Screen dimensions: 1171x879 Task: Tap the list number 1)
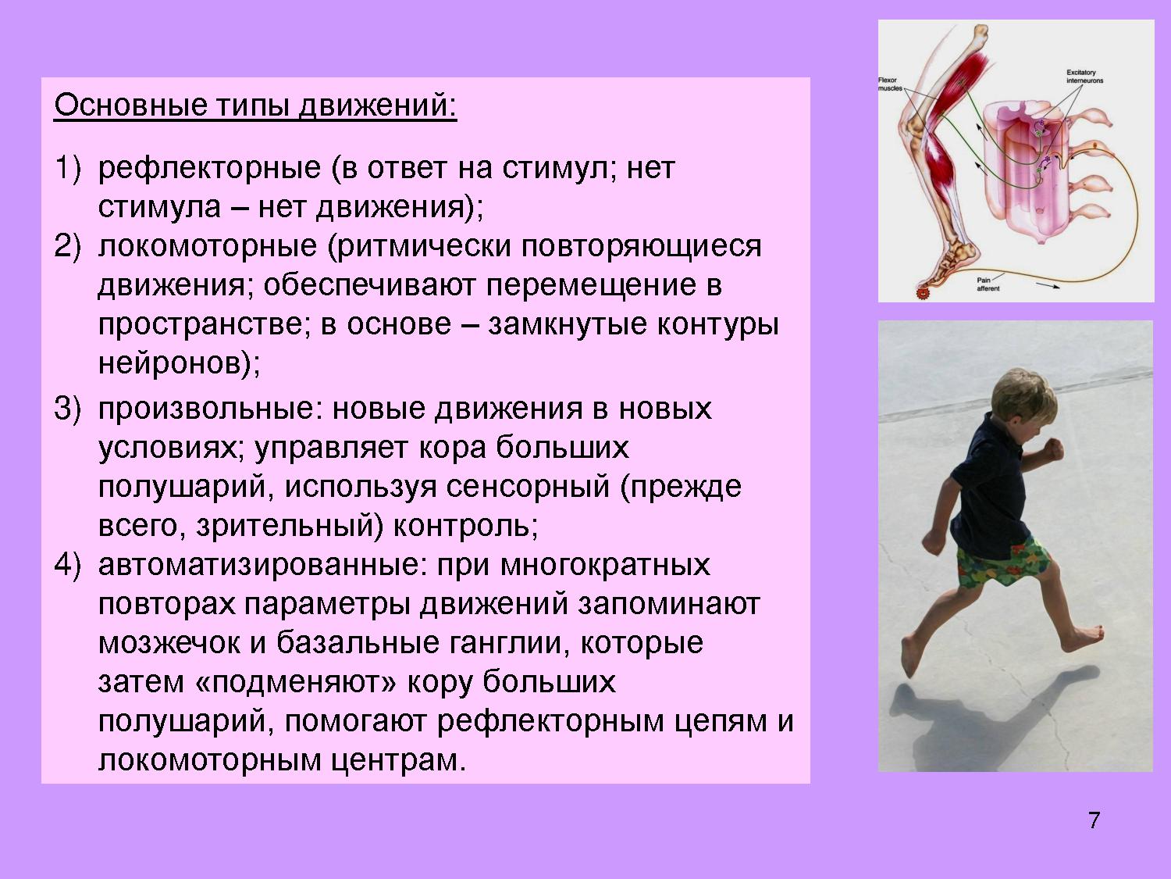68,167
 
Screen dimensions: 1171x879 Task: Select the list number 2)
68,246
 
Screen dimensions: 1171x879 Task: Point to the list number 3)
68,409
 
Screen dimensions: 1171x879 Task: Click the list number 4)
68,565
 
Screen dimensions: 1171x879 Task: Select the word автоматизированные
263,566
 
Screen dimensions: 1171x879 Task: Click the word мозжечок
169,643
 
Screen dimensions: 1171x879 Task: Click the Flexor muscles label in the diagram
890,84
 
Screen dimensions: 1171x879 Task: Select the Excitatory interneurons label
1084,77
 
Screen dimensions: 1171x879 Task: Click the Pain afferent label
988,284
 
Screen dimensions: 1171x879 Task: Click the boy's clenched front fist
1054,449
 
